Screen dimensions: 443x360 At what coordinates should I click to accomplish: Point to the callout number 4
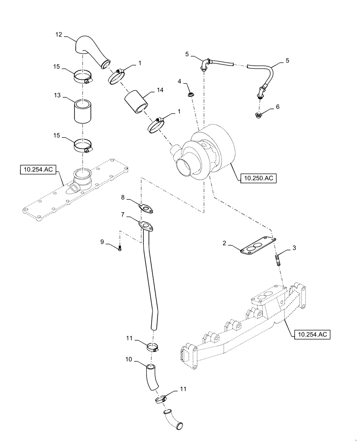point(180,82)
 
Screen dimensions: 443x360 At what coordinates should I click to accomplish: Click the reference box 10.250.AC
point(258,179)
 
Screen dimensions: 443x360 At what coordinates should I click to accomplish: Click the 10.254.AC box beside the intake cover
point(39,169)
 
